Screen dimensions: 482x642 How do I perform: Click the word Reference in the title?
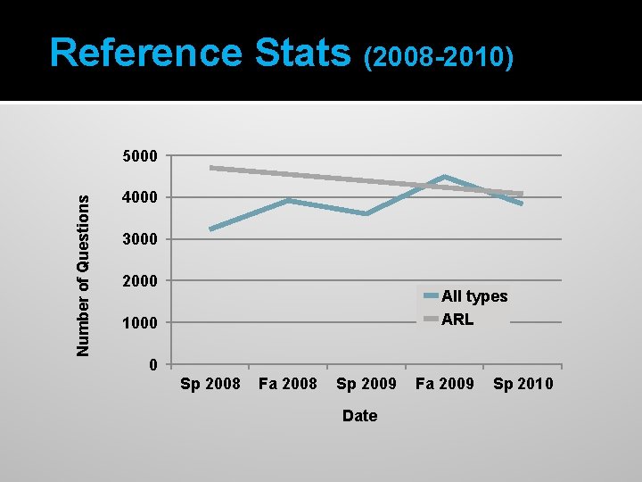pos(146,54)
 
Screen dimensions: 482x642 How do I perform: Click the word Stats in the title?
pos(302,54)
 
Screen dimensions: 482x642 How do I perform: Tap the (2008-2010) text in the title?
pos(439,58)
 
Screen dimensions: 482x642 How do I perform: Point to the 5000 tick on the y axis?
pos(140,157)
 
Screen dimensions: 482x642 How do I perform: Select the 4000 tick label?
pos(140,197)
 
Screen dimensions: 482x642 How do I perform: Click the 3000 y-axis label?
pos(140,239)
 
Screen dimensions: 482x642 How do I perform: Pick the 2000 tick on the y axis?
pos(140,281)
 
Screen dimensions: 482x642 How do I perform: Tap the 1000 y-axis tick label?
pos(140,322)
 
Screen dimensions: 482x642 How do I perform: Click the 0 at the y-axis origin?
pos(153,364)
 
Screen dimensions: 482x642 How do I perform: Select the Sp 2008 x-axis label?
pos(210,385)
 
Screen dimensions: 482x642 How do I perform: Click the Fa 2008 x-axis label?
pos(287,385)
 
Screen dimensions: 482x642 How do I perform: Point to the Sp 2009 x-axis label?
pos(366,385)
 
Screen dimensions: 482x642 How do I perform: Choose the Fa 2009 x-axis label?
pos(444,385)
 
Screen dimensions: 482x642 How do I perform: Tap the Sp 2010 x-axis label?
pos(523,385)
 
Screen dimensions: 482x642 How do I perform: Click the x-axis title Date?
pos(359,416)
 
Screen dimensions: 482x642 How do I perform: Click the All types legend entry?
pos(473,296)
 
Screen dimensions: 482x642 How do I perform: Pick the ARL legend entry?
pos(457,319)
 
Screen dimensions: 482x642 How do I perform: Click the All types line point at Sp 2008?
pos(211,229)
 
